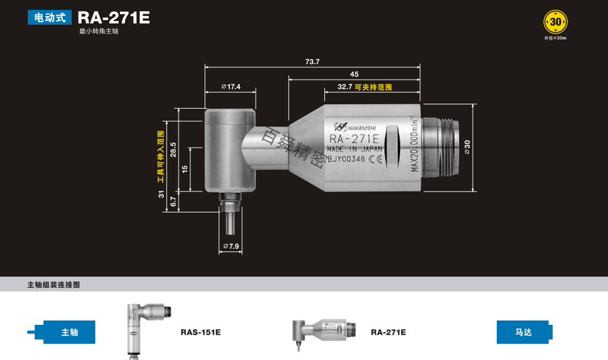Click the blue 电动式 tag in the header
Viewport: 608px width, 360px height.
(x=49, y=17)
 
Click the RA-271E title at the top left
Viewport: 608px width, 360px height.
(x=114, y=17)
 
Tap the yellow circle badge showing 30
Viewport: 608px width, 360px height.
(x=555, y=22)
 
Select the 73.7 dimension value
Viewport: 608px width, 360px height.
(x=313, y=62)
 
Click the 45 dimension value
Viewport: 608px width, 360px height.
(x=354, y=74)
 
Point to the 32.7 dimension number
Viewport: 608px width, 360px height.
(x=345, y=88)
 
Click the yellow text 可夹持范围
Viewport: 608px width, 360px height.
(x=373, y=88)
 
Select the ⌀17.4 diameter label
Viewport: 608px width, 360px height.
(x=230, y=87)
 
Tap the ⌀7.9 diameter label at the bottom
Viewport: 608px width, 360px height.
(x=230, y=247)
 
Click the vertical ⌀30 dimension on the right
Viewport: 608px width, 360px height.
(x=468, y=146)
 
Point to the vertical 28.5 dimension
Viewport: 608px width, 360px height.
(x=173, y=150)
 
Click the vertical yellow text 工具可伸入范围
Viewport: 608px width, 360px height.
(x=161, y=157)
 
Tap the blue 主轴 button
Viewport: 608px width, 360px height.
(x=70, y=332)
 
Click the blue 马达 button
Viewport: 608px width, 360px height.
(x=523, y=332)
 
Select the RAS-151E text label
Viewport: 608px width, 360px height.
(x=200, y=332)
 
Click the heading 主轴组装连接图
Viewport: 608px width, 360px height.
(x=54, y=285)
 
